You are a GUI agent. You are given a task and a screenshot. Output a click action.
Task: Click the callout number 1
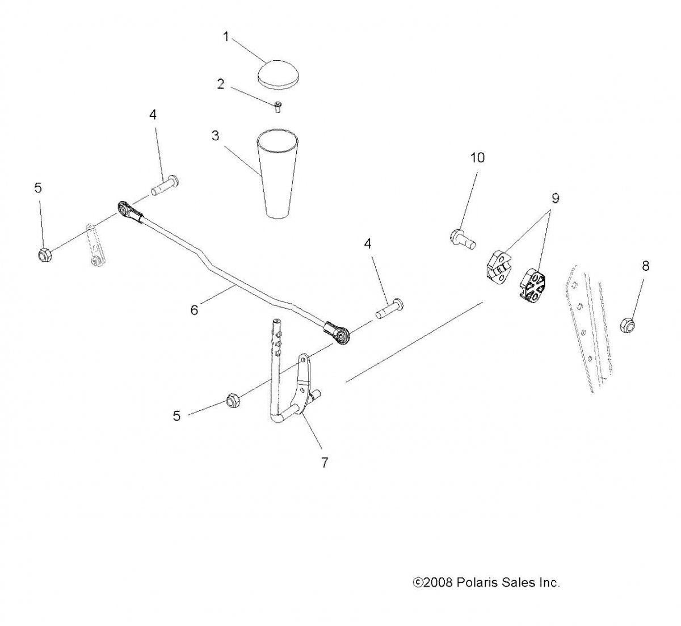pos(226,37)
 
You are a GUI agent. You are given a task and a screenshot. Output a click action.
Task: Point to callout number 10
pos(477,158)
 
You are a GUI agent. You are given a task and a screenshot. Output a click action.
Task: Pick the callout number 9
pos(555,198)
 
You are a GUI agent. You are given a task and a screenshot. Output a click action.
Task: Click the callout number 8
pos(645,266)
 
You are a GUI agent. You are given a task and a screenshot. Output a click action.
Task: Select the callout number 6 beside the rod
pos(194,310)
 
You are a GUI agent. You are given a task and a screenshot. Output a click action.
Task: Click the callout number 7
pos(325,463)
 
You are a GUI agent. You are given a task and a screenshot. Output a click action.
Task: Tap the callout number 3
pos(215,136)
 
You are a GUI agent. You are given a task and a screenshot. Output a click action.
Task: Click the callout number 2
pos(221,84)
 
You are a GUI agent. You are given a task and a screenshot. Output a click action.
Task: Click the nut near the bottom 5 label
pos(233,401)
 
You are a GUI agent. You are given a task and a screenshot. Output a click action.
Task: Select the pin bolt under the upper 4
pos(165,186)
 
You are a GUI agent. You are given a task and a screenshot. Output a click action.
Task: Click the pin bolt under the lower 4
pos(389,309)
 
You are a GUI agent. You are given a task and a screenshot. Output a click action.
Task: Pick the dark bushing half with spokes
pos(532,284)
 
